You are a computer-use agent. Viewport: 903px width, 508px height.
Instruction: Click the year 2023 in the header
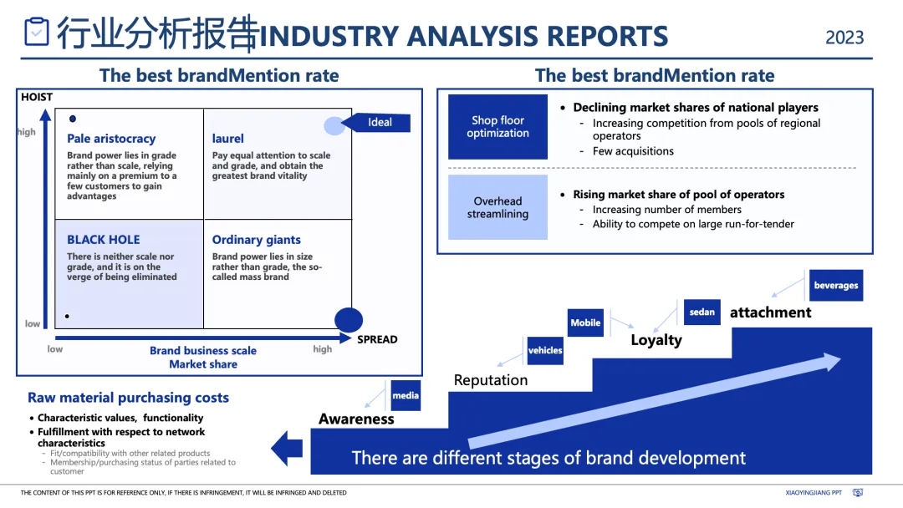point(844,38)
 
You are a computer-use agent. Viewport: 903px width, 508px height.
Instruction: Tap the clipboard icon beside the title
point(37,32)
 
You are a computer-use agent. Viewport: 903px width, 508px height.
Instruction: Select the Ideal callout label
point(380,122)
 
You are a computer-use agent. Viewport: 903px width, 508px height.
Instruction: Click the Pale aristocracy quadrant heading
point(111,139)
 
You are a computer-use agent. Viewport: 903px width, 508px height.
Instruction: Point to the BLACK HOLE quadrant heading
point(104,240)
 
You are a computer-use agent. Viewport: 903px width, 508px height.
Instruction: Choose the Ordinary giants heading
point(256,240)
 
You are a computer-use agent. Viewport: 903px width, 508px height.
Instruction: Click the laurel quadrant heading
point(228,139)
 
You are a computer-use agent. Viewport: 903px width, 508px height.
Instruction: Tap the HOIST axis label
point(37,97)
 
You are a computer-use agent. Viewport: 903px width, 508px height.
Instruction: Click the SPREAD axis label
point(377,339)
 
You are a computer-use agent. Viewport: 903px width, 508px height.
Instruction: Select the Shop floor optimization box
point(497,127)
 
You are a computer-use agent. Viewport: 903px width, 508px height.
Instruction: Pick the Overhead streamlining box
point(497,207)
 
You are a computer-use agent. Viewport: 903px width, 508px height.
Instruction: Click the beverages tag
point(836,286)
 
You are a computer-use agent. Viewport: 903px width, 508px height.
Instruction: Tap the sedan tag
point(702,312)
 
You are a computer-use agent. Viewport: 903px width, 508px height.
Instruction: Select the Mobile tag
point(585,323)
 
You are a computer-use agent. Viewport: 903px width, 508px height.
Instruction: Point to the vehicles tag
point(545,351)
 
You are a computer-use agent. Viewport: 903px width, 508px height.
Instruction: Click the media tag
point(406,395)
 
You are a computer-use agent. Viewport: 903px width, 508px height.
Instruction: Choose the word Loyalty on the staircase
point(656,340)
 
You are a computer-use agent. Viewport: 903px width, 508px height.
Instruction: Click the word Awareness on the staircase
point(356,419)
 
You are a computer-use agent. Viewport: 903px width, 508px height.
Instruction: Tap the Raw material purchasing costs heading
point(128,398)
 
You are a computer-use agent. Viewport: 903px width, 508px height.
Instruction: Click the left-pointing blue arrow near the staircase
point(287,447)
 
